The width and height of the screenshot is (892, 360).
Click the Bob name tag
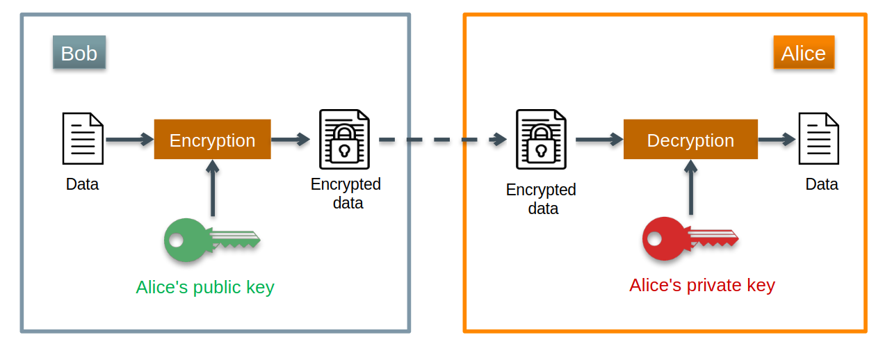point(79,53)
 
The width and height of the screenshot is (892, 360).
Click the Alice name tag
point(803,53)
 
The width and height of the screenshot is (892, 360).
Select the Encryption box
point(212,140)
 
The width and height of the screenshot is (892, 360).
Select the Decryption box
point(690,140)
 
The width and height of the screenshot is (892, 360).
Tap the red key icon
point(688,238)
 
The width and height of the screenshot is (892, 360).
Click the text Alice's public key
point(205,287)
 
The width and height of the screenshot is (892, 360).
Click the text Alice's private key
point(702,285)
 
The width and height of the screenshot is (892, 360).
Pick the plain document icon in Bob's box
point(83,138)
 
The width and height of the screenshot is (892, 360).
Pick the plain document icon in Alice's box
point(818,138)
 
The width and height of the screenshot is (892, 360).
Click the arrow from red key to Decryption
point(690,188)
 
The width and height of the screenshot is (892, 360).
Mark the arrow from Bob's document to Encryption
point(129,140)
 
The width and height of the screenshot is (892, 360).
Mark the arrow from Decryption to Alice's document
point(777,140)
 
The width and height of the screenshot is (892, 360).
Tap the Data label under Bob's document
point(82,185)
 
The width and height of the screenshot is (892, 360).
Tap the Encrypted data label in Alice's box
point(541,199)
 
